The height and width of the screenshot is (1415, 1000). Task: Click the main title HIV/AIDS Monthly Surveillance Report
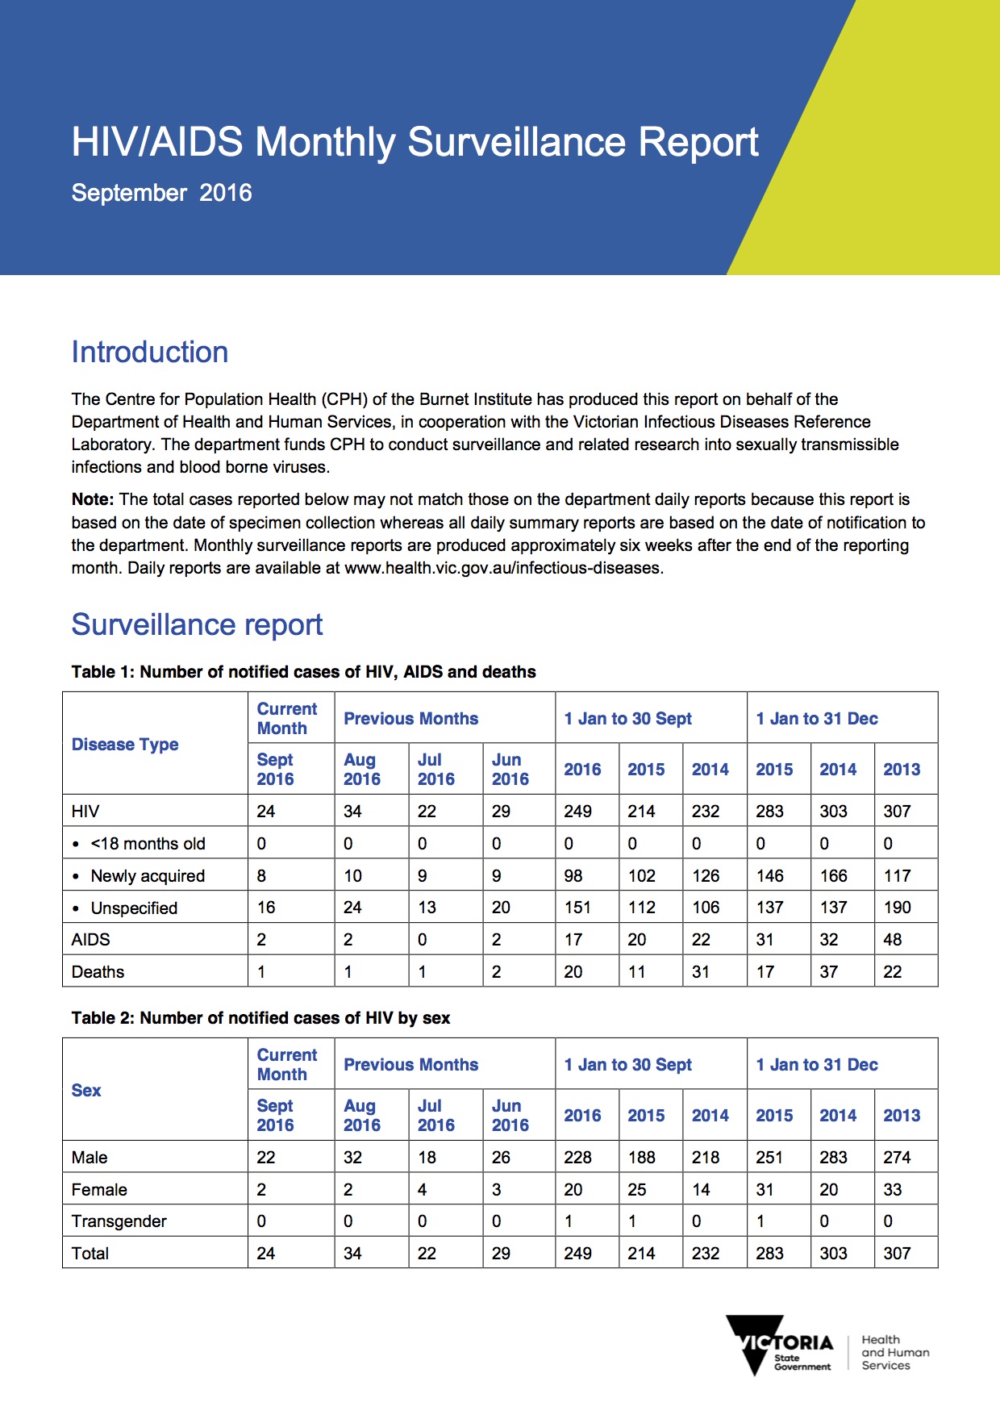(415, 143)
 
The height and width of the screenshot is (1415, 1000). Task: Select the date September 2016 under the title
(161, 193)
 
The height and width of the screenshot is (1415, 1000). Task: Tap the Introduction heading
(150, 353)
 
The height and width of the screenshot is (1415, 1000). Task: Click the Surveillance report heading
(197, 625)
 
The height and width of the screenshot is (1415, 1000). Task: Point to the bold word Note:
(93, 500)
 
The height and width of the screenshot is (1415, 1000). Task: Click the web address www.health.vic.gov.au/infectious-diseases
(502, 568)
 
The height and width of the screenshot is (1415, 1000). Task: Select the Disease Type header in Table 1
(125, 745)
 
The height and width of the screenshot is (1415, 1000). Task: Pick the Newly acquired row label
(148, 876)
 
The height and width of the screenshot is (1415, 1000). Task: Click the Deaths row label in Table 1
(98, 972)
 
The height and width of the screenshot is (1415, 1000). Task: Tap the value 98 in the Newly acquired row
(573, 876)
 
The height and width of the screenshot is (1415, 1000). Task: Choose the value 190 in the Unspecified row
(897, 908)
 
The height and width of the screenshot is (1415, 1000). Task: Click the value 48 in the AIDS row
(892, 940)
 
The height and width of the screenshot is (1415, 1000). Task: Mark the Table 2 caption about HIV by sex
(260, 1018)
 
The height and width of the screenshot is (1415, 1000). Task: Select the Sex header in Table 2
(86, 1091)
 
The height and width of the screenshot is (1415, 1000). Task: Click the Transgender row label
(119, 1221)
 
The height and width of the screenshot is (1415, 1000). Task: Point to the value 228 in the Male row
(577, 1158)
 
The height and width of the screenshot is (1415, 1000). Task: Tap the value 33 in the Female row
(892, 1190)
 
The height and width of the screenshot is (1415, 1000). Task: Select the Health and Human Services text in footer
(895, 1353)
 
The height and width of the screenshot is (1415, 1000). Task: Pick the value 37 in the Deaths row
(828, 972)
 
